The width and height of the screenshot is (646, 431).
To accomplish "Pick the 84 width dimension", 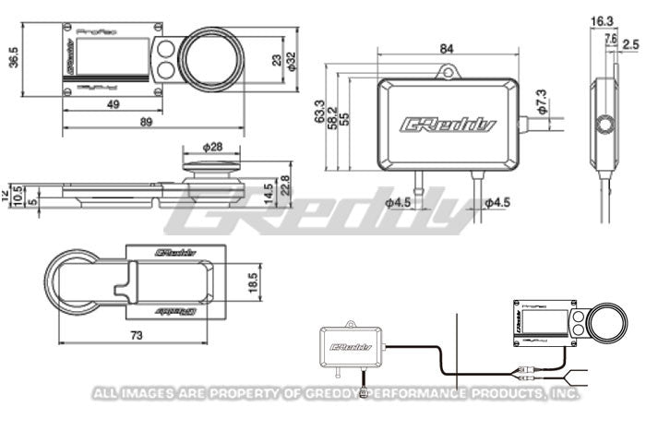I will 448,49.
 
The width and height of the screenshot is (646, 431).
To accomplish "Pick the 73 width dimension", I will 137,335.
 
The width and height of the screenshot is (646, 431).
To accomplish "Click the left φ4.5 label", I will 399,203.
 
